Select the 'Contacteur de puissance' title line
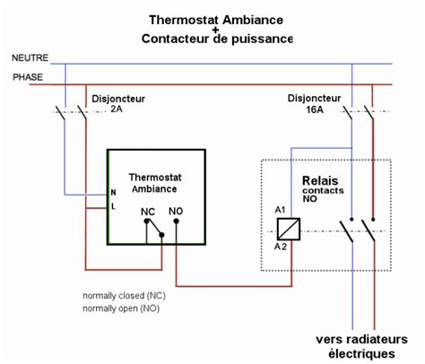pyautogui.click(x=216, y=39)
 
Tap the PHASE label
pyautogui.click(x=27, y=77)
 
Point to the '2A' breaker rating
pyautogui.click(x=116, y=108)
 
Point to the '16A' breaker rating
pyautogui.click(x=315, y=108)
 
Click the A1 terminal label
pyautogui.click(x=280, y=210)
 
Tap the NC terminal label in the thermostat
pyautogui.click(x=148, y=213)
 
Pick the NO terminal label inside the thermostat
pyautogui.click(x=177, y=213)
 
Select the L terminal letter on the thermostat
pyautogui.click(x=112, y=206)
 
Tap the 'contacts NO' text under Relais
pyautogui.click(x=322, y=196)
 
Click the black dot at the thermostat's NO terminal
pyautogui.click(x=176, y=226)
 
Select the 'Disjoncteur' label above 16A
pyautogui.click(x=315, y=97)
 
